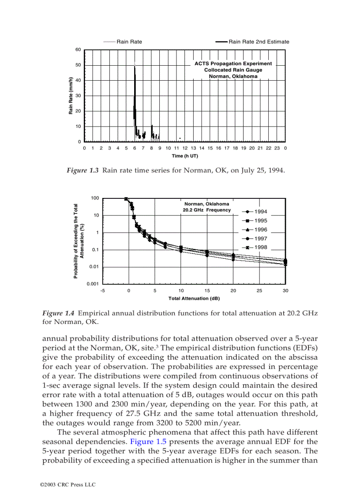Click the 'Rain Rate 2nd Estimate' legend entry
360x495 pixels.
click(259, 42)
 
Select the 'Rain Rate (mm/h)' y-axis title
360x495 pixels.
click(71, 96)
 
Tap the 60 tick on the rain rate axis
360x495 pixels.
click(78, 49)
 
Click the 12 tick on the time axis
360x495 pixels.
click(185, 148)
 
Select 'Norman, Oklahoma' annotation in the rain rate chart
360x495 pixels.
click(233, 76)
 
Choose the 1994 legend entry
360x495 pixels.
click(260, 212)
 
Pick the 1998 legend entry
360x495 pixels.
click(260, 247)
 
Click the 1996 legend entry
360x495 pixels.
click(260, 230)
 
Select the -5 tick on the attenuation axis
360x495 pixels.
click(102, 290)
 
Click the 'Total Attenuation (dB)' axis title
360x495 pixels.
click(194, 298)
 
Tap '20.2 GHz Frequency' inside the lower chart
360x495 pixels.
click(206, 210)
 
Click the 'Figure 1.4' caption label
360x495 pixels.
click(58, 313)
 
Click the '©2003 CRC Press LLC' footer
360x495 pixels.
click(67, 485)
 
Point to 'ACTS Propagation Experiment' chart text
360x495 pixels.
click(233, 63)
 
